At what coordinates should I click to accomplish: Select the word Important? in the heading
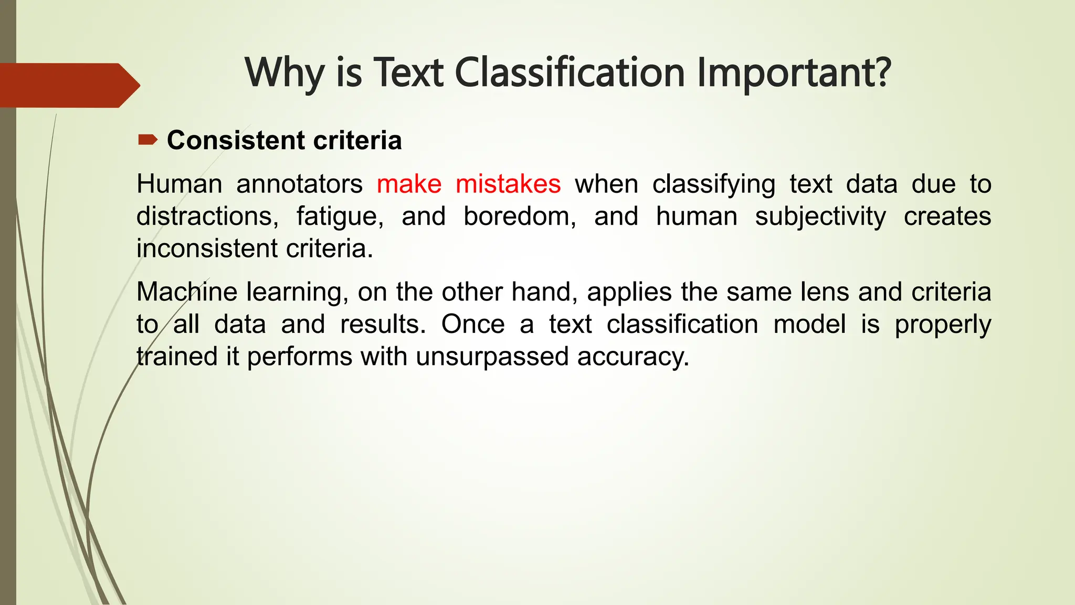[794, 73]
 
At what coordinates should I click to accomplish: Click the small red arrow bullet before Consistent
[147, 140]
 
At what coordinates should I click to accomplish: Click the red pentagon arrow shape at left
[68, 85]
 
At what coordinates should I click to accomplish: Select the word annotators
[299, 184]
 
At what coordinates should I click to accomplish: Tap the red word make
[409, 184]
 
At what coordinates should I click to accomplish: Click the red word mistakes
[508, 184]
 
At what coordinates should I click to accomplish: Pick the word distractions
[207, 216]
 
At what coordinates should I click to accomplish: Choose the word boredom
[520, 216]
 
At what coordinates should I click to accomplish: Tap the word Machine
[187, 292]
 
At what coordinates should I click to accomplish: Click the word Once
[472, 325]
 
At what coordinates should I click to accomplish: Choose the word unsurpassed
[492, 357]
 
